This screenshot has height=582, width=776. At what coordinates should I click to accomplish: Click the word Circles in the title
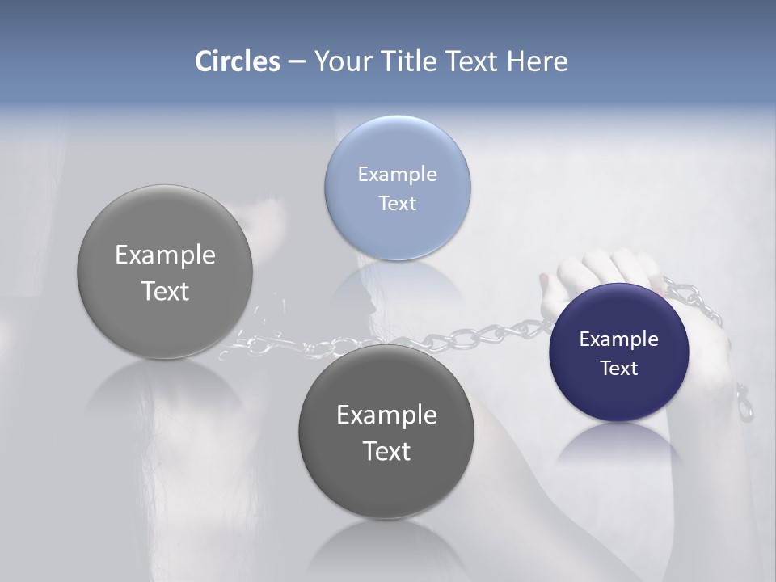[238, 61]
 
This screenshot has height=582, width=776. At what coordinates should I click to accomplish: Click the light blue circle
[397, 145]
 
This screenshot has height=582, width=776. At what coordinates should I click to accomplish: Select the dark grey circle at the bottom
[386, 485]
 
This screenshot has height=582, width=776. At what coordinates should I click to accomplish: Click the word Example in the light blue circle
[397, 174]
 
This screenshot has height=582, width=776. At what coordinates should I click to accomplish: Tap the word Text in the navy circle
[619, 368]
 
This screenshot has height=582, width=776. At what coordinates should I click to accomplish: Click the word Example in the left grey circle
[165, 255]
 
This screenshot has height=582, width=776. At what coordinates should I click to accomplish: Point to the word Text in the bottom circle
[386, 450]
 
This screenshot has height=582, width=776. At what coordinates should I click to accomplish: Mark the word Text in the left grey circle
[165, 291]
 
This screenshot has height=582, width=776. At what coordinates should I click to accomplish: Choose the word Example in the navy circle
[618, 339]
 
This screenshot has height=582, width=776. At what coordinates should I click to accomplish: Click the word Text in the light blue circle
[397, 203]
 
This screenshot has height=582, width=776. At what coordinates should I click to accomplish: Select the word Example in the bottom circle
[386, 415]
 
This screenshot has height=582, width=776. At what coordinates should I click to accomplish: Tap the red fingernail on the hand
[543, 280]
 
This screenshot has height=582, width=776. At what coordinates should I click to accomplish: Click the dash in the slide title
[296, 61]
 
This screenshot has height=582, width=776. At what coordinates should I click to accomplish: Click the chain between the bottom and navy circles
[501, 331]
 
